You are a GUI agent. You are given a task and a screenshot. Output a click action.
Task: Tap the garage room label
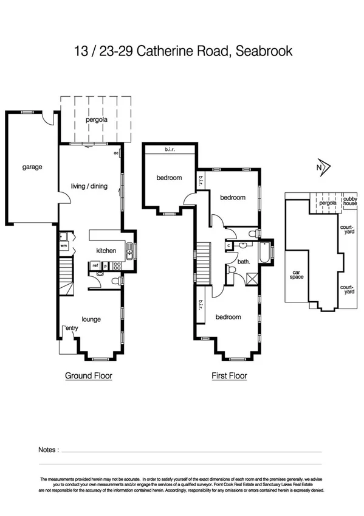tap(32, 167)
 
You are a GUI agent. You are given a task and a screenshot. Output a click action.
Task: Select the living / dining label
tap(89, 186)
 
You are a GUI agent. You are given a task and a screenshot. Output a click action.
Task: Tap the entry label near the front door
tap(72, 329)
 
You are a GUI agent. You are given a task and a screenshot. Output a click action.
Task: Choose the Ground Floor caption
tap(89, 375)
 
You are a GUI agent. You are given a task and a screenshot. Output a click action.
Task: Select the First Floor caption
tap(229, 375)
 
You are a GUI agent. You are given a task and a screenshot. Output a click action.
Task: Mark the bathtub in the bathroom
tap(266, 252)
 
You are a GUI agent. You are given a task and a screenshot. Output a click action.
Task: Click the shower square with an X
tap(250, 279)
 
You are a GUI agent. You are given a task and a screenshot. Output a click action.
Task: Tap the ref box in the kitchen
tap(95, 265)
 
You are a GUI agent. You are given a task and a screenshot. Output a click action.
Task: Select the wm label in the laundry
tap(64, 246)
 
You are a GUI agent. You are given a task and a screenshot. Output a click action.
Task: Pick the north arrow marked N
tap(322, 167)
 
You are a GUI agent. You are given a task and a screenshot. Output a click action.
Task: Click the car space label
tap(297, 274)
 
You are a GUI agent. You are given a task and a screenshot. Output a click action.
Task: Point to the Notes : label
tap(49, 450)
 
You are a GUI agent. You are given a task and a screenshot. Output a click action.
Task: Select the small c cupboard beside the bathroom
tap(228, 246)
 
